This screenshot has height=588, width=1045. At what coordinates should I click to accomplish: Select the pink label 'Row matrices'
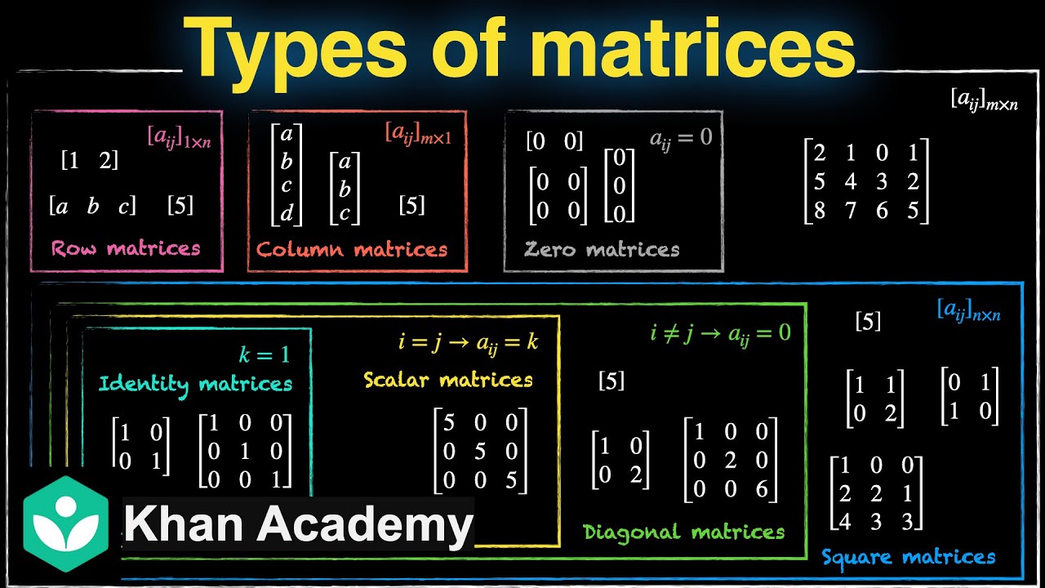126,248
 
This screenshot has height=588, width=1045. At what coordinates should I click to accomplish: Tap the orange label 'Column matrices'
352,249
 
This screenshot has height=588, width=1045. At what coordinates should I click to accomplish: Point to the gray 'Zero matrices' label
602,249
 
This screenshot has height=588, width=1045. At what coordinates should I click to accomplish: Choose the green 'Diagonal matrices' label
683,532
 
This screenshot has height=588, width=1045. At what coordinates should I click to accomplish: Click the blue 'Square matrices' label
908,558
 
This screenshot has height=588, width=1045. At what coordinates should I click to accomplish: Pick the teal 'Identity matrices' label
195,383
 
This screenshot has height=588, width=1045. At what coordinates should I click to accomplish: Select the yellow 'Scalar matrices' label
448,380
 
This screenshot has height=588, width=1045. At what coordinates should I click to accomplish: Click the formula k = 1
264,354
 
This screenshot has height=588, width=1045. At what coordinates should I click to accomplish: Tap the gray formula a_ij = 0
681,138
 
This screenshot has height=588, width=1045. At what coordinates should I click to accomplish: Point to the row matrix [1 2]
90,161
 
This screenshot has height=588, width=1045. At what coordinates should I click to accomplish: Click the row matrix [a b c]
92,206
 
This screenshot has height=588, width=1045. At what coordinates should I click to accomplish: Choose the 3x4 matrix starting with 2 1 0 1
866,181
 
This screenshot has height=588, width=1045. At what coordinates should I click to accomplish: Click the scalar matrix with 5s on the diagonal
480,450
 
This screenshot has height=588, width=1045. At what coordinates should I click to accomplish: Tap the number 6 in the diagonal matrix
762,488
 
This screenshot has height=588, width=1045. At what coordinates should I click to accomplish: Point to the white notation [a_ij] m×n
983,100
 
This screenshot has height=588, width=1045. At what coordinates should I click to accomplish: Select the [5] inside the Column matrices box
411,205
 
